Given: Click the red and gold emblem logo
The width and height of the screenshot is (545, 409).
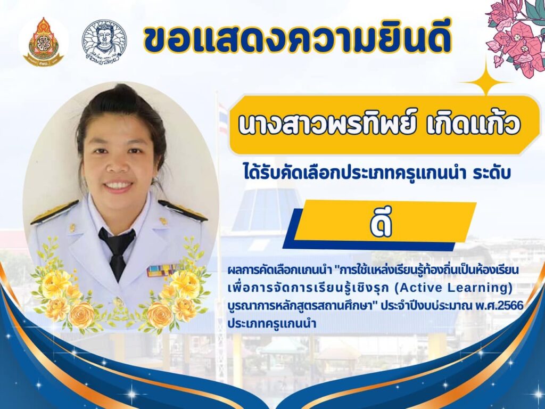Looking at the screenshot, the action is pyautogui.click(x=43, y=42).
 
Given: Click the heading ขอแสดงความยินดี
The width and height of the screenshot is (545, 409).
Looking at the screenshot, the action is pyautogui.click(x=297, y=39).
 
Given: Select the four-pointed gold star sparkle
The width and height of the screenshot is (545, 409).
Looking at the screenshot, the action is pyautogui.click(x=486, y=83).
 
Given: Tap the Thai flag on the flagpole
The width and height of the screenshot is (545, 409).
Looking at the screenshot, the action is pyautogui.click(x=223, y=119).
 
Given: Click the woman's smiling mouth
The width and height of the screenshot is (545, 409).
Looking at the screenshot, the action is pyautogui.click(x=117, y=185).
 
